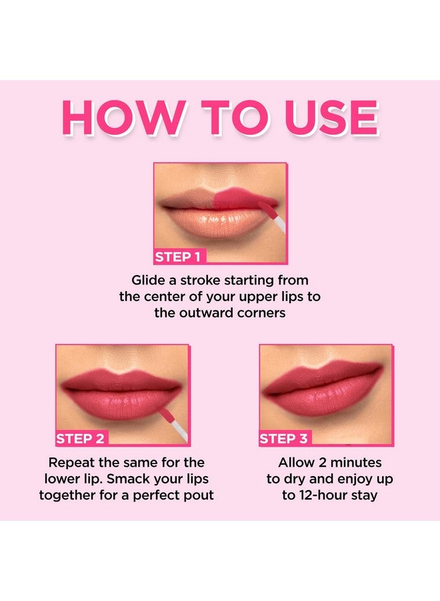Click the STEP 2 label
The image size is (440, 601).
point(81,439)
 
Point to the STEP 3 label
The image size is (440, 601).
point(283,439)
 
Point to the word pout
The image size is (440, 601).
point(198,495)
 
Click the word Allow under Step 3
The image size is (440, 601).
point(298,462)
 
